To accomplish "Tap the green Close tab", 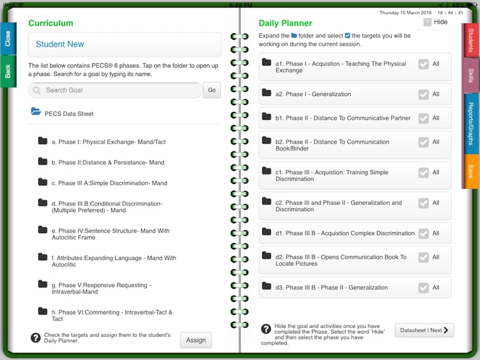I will point(8,38).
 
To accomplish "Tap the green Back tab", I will point(8,71).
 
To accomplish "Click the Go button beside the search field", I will point(212,90).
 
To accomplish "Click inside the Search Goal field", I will point(115,90).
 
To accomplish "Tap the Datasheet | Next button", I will point(424,331).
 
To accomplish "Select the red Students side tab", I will point(470,40).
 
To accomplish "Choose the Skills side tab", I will point(470,76).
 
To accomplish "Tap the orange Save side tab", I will point(470,171).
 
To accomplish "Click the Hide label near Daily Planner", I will point(441,22).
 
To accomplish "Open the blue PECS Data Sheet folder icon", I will point(36,112).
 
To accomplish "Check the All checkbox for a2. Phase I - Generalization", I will point(424,94).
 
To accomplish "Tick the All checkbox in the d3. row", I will point(424,288).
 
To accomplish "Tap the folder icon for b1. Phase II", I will point(267,117).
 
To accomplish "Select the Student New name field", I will point(125,45).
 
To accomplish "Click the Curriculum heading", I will point(51,23).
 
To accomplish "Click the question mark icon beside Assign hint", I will point(35,338).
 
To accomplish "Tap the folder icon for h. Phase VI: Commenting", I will point(43,311).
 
